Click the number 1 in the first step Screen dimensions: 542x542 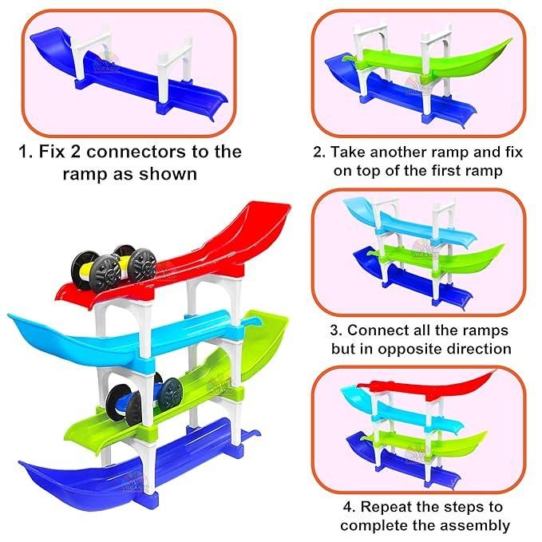(22, 152)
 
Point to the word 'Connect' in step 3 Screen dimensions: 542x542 (382, 330)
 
